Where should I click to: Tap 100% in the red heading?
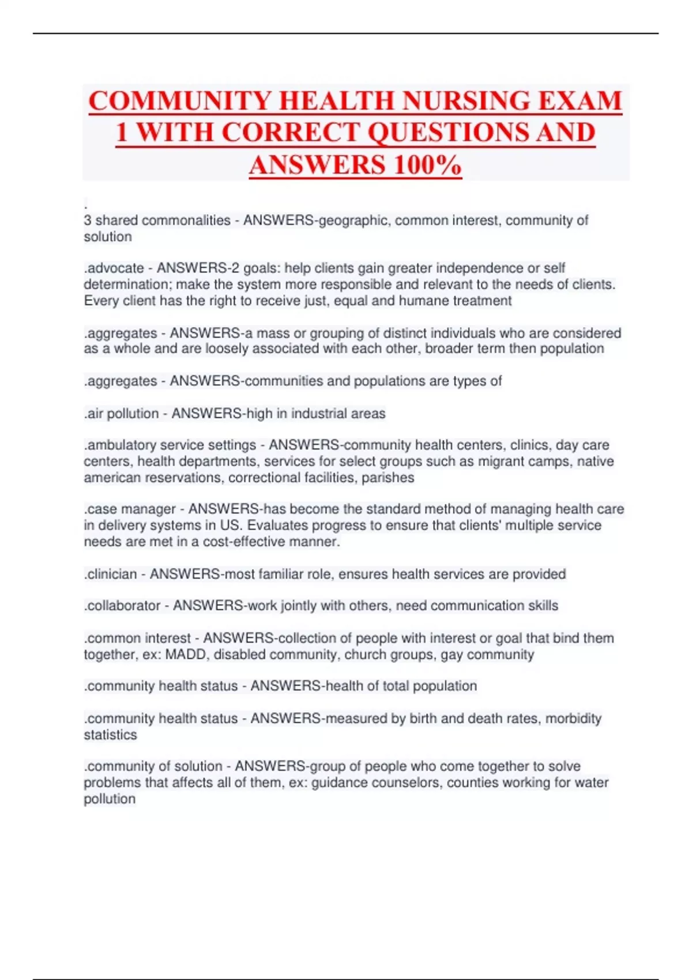[427, 165]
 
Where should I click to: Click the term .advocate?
[114, 268]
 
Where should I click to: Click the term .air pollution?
[121, 413]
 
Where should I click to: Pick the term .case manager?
[130, 509]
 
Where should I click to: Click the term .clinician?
[111, 574]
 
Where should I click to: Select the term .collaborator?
[123, 606]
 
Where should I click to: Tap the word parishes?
[388, 477]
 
